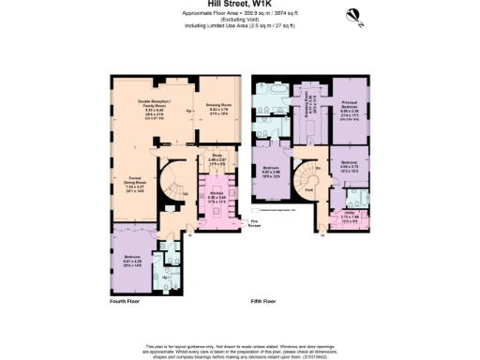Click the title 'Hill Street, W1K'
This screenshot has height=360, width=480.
[239, 4]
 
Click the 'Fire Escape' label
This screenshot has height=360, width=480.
[253, 223]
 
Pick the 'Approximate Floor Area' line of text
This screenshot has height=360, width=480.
[239, 12]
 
